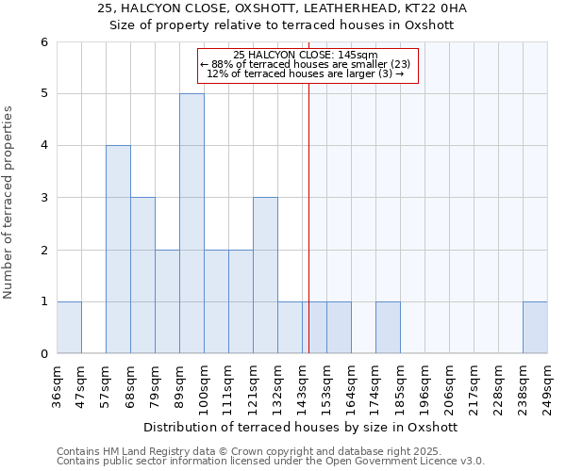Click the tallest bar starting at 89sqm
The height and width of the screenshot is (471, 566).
pos(191,223)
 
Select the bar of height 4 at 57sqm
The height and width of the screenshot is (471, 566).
pos(118,250)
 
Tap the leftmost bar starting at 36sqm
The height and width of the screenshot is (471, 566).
pos(69,327)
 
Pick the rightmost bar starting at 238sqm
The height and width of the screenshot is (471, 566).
pos(535,327)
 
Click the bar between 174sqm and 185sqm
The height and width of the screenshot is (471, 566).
pos(388,327)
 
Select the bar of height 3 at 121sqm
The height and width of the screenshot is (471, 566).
pos(265,275)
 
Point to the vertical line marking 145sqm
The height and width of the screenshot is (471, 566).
pos(309,226)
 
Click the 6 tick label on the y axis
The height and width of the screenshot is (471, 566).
pos(44,42)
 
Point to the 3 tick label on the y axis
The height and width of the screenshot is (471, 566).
pos(44,198)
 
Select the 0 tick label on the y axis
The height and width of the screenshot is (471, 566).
pos(44,354)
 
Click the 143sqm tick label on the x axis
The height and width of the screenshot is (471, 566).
pos(303,384)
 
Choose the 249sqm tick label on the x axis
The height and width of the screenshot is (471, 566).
pos(548,384)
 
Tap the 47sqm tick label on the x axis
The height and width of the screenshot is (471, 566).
pos(82,384)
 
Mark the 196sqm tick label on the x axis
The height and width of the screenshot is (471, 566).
pos(425,384)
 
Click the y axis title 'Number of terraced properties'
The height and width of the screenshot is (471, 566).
pos(9,202)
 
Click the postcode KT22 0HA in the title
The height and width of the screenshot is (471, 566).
pos(426,8)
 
